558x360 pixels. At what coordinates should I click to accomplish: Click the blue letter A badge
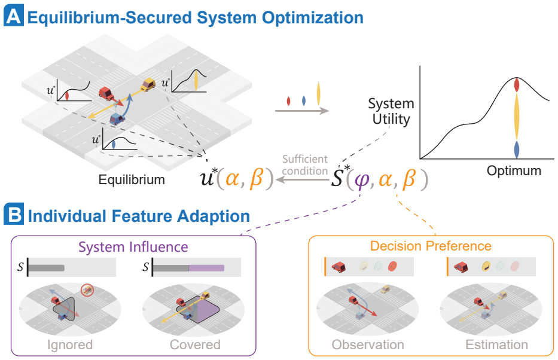coord(14,16)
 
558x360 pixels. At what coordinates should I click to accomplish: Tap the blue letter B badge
coord(14,215)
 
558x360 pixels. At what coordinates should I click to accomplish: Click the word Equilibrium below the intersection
coord(132,180)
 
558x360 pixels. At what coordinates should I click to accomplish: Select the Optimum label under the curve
coord(514,171)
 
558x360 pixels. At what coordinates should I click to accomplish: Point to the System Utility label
coord(391,111)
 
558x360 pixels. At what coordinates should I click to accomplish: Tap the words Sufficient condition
coord(305,165)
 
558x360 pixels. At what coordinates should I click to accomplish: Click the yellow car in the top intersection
coord(148,85)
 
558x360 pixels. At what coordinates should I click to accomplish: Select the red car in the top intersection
coord(106,93)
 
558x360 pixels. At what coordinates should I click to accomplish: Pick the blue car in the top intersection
coord(117,119)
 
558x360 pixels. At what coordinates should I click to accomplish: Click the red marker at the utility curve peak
coord(517,85)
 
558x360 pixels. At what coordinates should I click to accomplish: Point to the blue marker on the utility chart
coord(517,150)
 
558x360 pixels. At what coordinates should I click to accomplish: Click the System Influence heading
coord(133,247)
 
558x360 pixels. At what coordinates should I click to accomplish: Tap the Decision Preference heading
coord(431,246)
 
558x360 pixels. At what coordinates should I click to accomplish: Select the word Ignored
coord(70,344)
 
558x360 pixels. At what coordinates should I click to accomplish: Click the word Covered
coord(195,344)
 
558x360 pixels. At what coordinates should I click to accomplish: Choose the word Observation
coord(368,344)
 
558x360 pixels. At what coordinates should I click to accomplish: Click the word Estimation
coord(497,344)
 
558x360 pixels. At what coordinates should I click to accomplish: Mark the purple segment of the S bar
coord(206,268)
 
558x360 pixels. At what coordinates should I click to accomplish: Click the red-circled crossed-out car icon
coord(87,290)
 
